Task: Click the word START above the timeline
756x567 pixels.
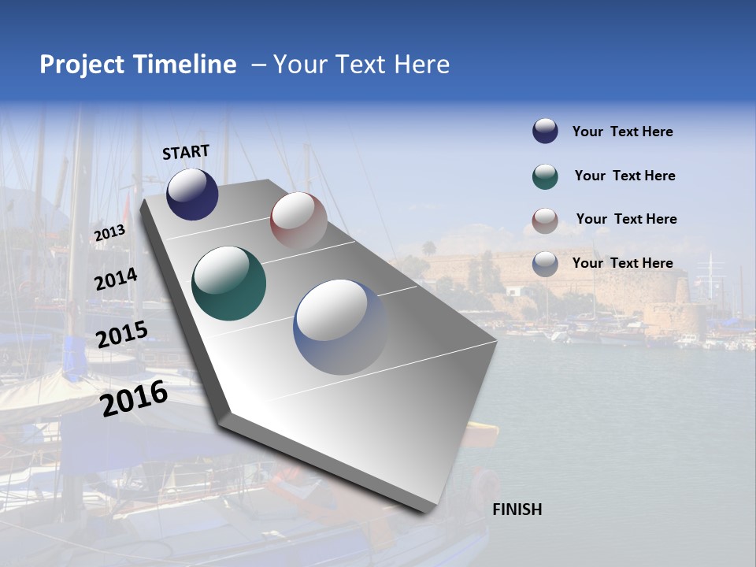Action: click(186, 152)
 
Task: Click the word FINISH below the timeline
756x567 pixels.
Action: click(517, 510)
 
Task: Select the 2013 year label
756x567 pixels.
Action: click(109, 232)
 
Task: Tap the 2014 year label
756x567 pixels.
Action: click(116, 279)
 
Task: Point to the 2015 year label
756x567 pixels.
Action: click(121, 335)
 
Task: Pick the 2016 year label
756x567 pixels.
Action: click(134, 398)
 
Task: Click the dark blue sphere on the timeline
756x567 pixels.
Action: click(192, 194)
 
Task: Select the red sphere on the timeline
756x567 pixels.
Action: click(298, 220)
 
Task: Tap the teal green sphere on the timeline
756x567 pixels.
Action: click(228, 283)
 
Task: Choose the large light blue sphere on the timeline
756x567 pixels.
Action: click(340, 327)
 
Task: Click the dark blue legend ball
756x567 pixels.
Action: click(545, 132)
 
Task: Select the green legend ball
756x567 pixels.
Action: click(545, 176)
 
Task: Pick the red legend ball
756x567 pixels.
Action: click(545, 220)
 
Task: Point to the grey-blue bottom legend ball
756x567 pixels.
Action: click(545, 264)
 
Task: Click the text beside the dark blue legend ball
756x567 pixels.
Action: click(622, 132)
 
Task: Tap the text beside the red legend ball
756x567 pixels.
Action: click(626, 219)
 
